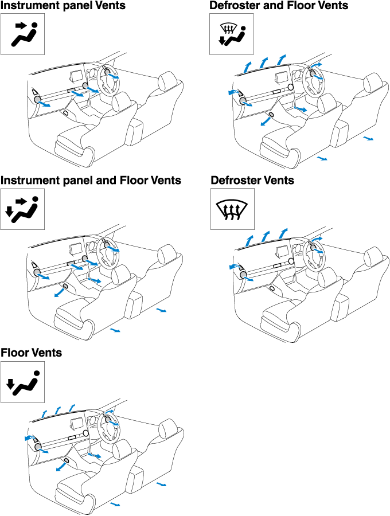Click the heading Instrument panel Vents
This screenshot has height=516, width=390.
(x=63, y=6)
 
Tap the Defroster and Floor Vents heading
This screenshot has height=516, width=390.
(x=279, y=6)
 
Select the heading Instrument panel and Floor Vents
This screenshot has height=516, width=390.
(x=91, y=181)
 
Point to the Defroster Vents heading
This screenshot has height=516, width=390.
(x=252, y=181)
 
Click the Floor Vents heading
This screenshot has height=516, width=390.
(x=32, y=353)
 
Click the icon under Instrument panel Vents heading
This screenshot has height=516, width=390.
(x=22, y=34)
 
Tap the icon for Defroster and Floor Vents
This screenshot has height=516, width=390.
(x=231, y=34)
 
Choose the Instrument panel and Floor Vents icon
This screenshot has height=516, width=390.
(x=22, y=209)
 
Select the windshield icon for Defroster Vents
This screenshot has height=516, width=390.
(x=232, y=209)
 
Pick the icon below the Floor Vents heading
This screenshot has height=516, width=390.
(x=22, y=382)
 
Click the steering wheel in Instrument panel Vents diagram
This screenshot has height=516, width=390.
(x=108, y=77)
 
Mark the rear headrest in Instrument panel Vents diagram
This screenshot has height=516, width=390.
(x=167, y=79)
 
